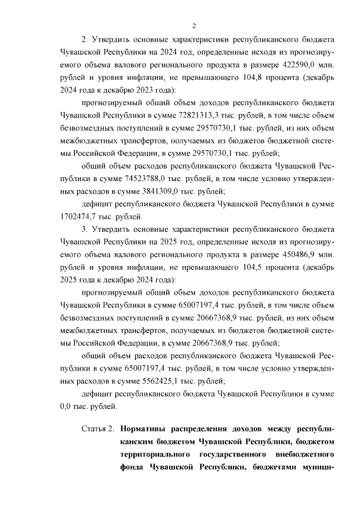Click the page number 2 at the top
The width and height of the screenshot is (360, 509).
point(194,25)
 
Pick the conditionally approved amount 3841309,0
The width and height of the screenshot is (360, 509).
point(124,191)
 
